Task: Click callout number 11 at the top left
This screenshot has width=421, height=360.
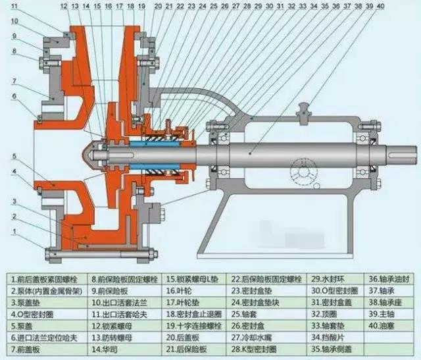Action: (15, 6)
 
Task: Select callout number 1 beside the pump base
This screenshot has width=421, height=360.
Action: (14, 231)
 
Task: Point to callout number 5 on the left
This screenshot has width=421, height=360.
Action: (14, 157)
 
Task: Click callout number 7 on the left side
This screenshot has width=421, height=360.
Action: (14, 80)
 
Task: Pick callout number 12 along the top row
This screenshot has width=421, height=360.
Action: (64, 6)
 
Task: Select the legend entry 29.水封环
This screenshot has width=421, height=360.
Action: (326, 277)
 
